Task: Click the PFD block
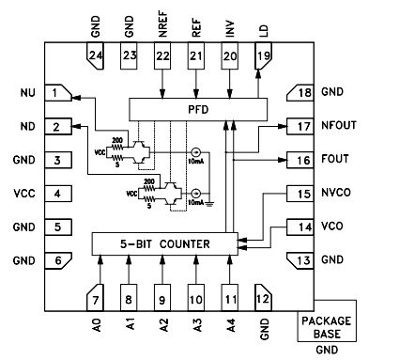tap(197, 109)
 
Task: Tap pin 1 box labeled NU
tap(60, 93)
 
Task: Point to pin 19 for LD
tap(262, 60)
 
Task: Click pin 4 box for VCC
tap(60, 194)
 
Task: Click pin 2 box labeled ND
tap(60, 127)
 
